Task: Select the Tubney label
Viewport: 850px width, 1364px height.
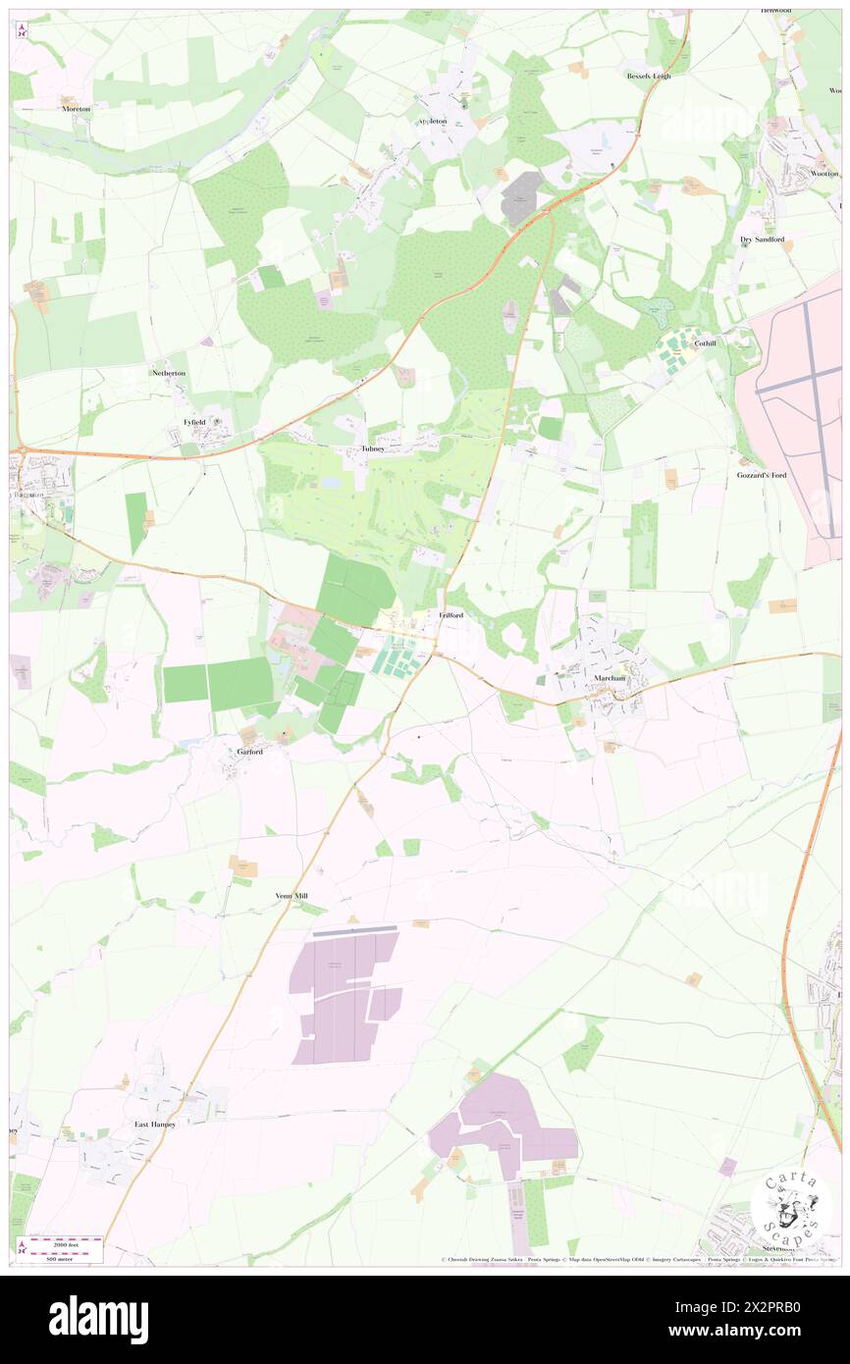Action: click(372, 448)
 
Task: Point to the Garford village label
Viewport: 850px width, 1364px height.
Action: click(250, 752)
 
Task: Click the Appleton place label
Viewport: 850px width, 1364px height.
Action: click(432, 121)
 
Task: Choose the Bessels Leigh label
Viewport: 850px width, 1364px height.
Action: click(649, 76)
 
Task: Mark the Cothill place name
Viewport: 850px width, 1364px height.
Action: click(705, 344)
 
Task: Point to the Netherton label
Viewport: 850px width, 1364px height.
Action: click(168, 374)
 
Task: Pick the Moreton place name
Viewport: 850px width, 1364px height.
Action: click(76, 109)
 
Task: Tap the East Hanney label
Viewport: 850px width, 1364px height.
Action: click(155, 1124)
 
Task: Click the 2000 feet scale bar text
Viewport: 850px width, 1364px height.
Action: click(63, 1241)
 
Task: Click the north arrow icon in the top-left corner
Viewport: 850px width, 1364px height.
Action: click(22, 31)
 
